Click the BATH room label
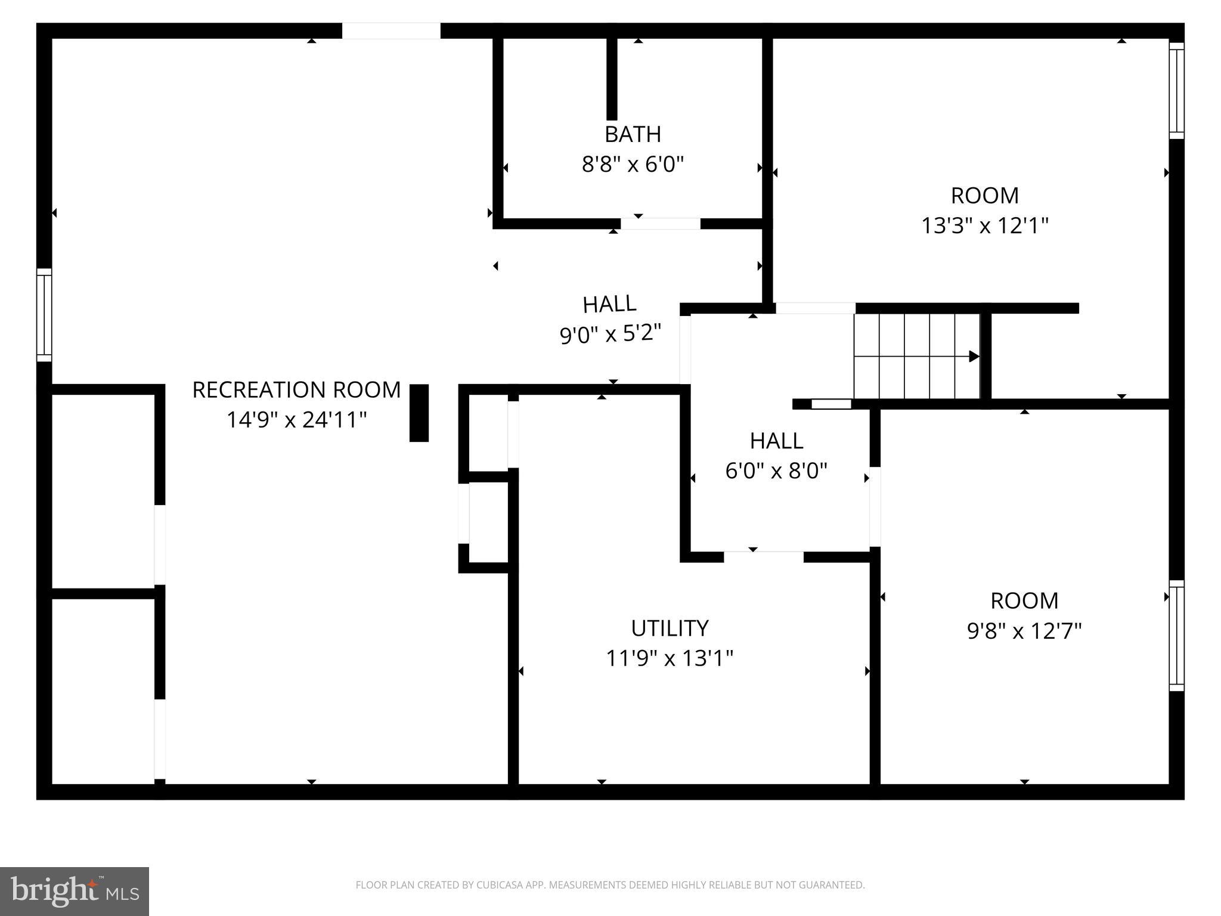coord(633,135)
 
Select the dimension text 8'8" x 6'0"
coord(633,164)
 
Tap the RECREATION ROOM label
coord(296,390)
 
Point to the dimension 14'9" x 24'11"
coord(296,420)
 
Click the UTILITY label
coord(670,629)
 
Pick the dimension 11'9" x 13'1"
coord(670,658)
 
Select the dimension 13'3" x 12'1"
coord(984,226)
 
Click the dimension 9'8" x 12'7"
coord(1024,631)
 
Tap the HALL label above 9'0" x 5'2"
coord(609,305)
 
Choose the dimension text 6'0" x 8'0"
coord(776,471)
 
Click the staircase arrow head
coord(974,357)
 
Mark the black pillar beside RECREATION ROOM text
coord(419,413)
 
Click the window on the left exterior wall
coord(44,315)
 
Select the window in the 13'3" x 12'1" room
coord(1176,91)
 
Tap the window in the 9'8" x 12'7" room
coord(1176,636)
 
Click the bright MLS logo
coord(75,891)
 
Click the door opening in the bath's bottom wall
coord(660,224)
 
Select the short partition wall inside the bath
coord(612,79)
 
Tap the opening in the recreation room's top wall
coord(391,31)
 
